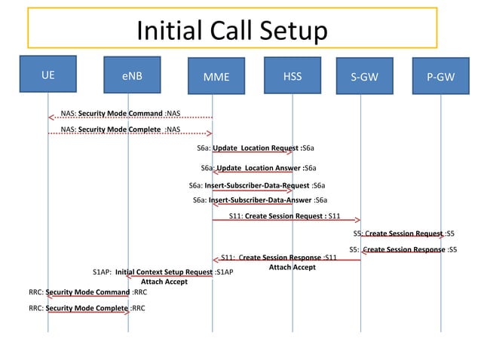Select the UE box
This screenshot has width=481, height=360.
point(48,75)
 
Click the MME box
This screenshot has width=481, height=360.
point(216,76)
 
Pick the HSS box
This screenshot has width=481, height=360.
point(293,75)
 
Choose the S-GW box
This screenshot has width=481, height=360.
point(365,76)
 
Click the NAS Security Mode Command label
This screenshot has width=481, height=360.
point(120,114)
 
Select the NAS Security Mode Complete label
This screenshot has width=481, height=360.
point(120,130)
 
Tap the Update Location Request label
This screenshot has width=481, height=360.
point(256,148)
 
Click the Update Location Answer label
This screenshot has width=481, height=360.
point(259,168)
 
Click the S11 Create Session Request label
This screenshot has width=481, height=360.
point(285,216)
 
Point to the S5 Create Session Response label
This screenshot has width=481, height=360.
point(403,249)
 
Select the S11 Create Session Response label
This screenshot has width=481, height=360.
point(278,258)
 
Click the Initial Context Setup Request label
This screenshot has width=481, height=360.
point(163,271)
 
